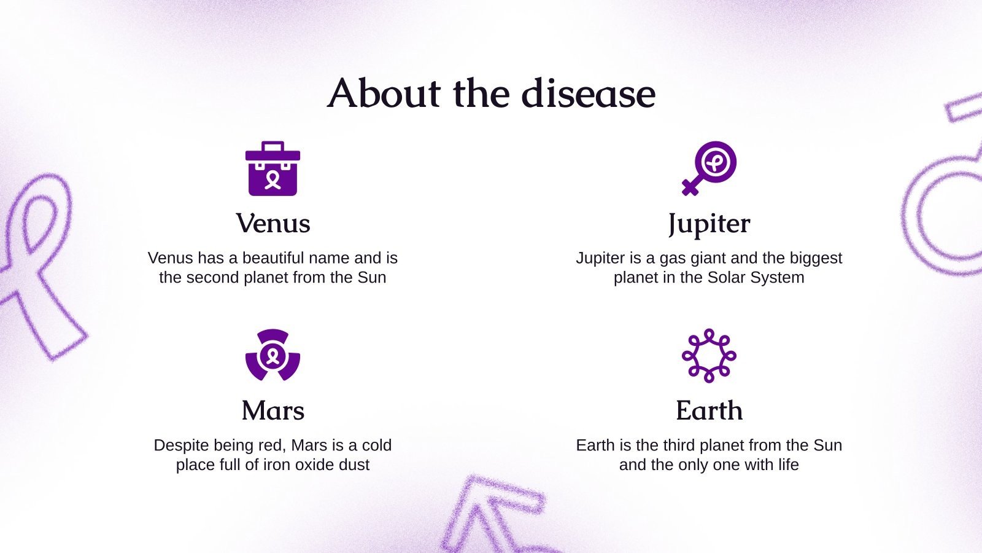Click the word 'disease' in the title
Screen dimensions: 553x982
(x=588, y=93)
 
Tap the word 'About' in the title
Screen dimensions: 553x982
(x=384, y=93)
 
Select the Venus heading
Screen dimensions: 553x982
(x=273, y=223)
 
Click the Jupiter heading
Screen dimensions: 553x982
(x=709, y=224)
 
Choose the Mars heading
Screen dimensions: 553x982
(x=273, y=410)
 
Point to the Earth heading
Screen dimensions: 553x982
(x=709, y=410)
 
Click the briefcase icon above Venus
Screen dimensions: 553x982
(x=273, y=169)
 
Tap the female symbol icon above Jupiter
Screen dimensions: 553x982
(x=709, y=168)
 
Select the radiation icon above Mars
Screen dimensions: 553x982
(x=273, y=355)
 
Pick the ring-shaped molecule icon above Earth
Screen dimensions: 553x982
(x=709, y=355)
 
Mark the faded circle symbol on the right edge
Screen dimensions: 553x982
(x=942, y=215)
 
